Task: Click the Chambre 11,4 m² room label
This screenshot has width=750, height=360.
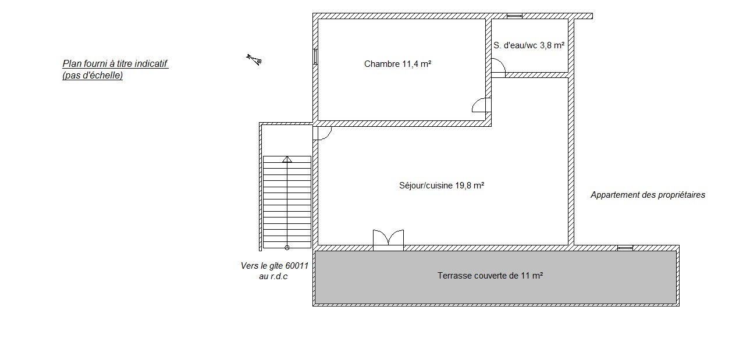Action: tap(397, 64)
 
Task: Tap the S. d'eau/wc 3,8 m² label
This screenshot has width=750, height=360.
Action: tap(529, 45)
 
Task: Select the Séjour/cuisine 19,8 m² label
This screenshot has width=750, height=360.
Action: tap(441, 186)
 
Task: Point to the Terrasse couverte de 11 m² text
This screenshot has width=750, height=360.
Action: tap(490, 275)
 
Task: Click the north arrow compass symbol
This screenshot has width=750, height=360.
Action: tap(254, 59)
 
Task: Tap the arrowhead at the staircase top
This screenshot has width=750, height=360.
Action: tap(287, 159)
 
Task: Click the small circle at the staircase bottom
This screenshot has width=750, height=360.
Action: tap(287, 248)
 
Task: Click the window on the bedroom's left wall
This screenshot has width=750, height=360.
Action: tap(315, 56)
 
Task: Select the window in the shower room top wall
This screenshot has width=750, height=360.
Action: tap(514, 16)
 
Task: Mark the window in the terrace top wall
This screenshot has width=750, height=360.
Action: tap(625, 248)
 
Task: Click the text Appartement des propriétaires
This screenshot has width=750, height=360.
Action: tap(648, 195)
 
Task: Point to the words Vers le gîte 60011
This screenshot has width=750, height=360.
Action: tap(274, 266)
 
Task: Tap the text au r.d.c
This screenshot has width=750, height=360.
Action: tap(273, 276)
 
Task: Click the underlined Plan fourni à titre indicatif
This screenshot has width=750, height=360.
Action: tap(115, 63)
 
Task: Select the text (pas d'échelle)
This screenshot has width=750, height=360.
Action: tap(93, 75)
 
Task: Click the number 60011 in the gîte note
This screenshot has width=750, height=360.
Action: tap(297, 266)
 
